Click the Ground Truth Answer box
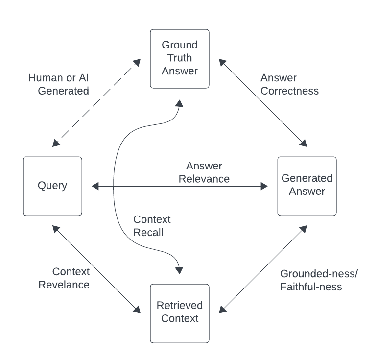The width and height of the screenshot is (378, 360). coord(180,59)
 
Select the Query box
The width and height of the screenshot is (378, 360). coord(52,186)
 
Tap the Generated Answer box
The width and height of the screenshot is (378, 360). coord(307,186)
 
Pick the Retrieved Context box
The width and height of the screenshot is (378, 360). coord(180,313)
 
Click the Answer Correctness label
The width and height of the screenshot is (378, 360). coord(289,84)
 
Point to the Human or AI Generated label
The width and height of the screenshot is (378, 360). coord(58,84)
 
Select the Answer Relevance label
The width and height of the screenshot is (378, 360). coord(204,172)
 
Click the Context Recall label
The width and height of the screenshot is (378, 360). coord(152,225)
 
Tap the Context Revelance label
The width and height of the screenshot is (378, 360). coord(71,278)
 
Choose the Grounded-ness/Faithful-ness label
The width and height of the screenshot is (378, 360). coord(319,280)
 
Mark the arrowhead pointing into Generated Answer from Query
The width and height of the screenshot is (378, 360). coord(264,186)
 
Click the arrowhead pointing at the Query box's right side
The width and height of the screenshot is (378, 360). coord(95,186)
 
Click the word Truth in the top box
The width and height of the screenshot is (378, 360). coord(180,58)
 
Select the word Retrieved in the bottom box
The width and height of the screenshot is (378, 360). coord(180,306)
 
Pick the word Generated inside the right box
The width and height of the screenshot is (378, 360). coord(307,178)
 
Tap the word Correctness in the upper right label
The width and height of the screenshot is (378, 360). coord(289,91)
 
